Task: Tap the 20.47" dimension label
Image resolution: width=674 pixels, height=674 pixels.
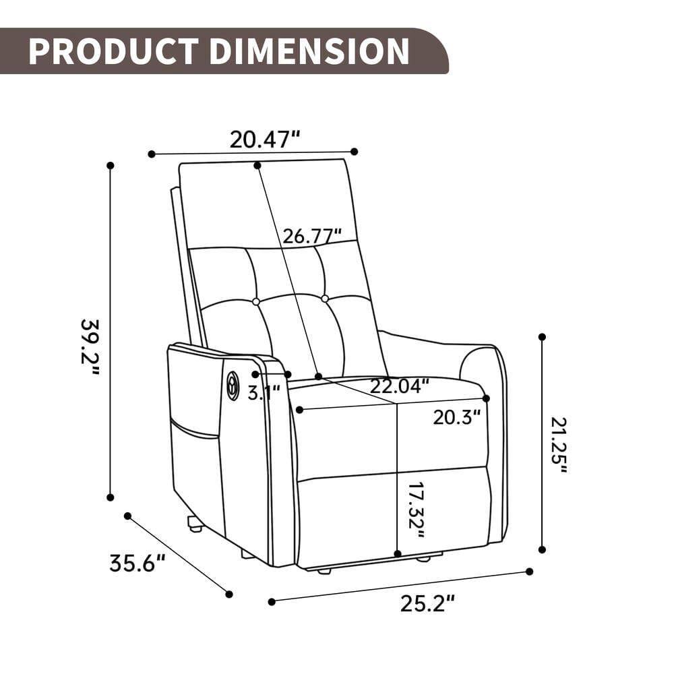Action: tap(264, 140)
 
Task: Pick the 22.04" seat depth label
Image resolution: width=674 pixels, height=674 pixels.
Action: tap(399, 386)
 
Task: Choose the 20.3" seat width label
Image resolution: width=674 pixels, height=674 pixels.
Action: tap(456, 417)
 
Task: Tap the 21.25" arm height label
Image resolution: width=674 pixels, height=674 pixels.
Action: tap(559, 445)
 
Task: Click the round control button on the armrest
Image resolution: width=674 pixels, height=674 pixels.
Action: tap(233, 384)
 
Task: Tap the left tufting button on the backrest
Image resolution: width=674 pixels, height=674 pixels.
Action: tap(256, 301)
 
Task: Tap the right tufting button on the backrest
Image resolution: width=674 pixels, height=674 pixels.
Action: tap(325, 298)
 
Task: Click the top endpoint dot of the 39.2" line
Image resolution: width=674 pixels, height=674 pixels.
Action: tap(111, 165)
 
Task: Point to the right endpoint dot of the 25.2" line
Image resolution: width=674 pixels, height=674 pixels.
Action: tap(529, 572)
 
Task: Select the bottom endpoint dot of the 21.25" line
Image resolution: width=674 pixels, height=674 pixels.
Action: tap(542, 549)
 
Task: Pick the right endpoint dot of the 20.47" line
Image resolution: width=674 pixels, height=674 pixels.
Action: tap(355, 152)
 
